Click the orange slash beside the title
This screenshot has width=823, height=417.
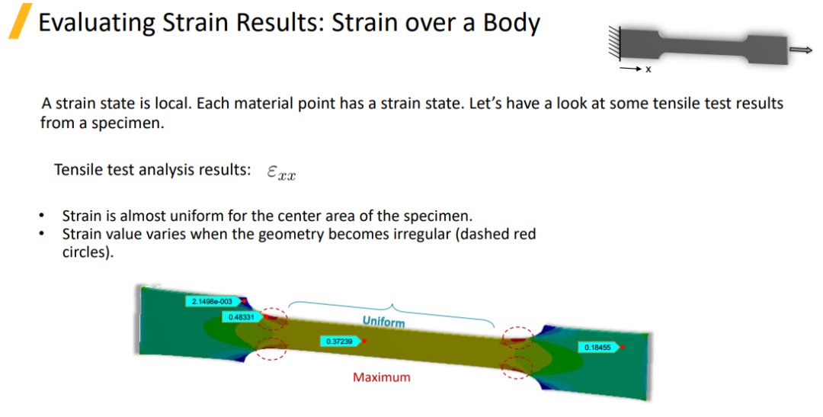click(20, 21)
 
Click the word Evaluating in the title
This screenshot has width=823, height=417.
click(97, 23)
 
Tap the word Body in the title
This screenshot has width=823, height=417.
click(511, 23)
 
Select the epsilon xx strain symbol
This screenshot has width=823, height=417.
click(281, 172)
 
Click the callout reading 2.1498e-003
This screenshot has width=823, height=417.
click(213, 301)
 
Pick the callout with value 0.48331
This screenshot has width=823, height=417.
click(242, 317)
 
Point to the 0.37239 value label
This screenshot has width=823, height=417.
click(340, 342)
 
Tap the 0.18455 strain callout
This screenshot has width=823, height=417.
click(598, 347)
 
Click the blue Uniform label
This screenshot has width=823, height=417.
click(383, 321)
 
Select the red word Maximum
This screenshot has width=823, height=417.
click(382, 377)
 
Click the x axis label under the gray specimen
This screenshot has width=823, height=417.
click(648, 69)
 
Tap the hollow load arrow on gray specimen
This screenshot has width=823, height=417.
click(801, 50)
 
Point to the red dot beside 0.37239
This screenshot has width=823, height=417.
click(364, 342)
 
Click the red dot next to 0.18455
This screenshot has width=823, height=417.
click(622, 347)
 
